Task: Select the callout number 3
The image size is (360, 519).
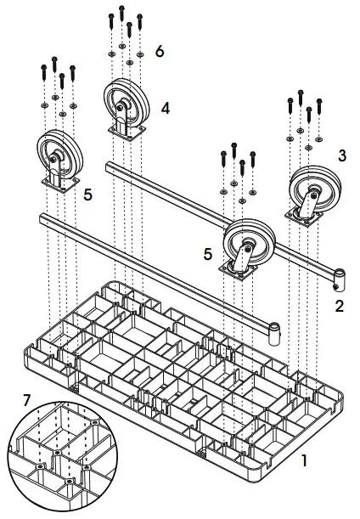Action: click(x=341, y=155)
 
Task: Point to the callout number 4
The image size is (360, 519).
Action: click(x=165, y=108)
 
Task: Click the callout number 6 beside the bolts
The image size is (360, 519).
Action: click(x=160, y=51)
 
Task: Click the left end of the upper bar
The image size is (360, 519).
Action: click(x=110, y=166)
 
